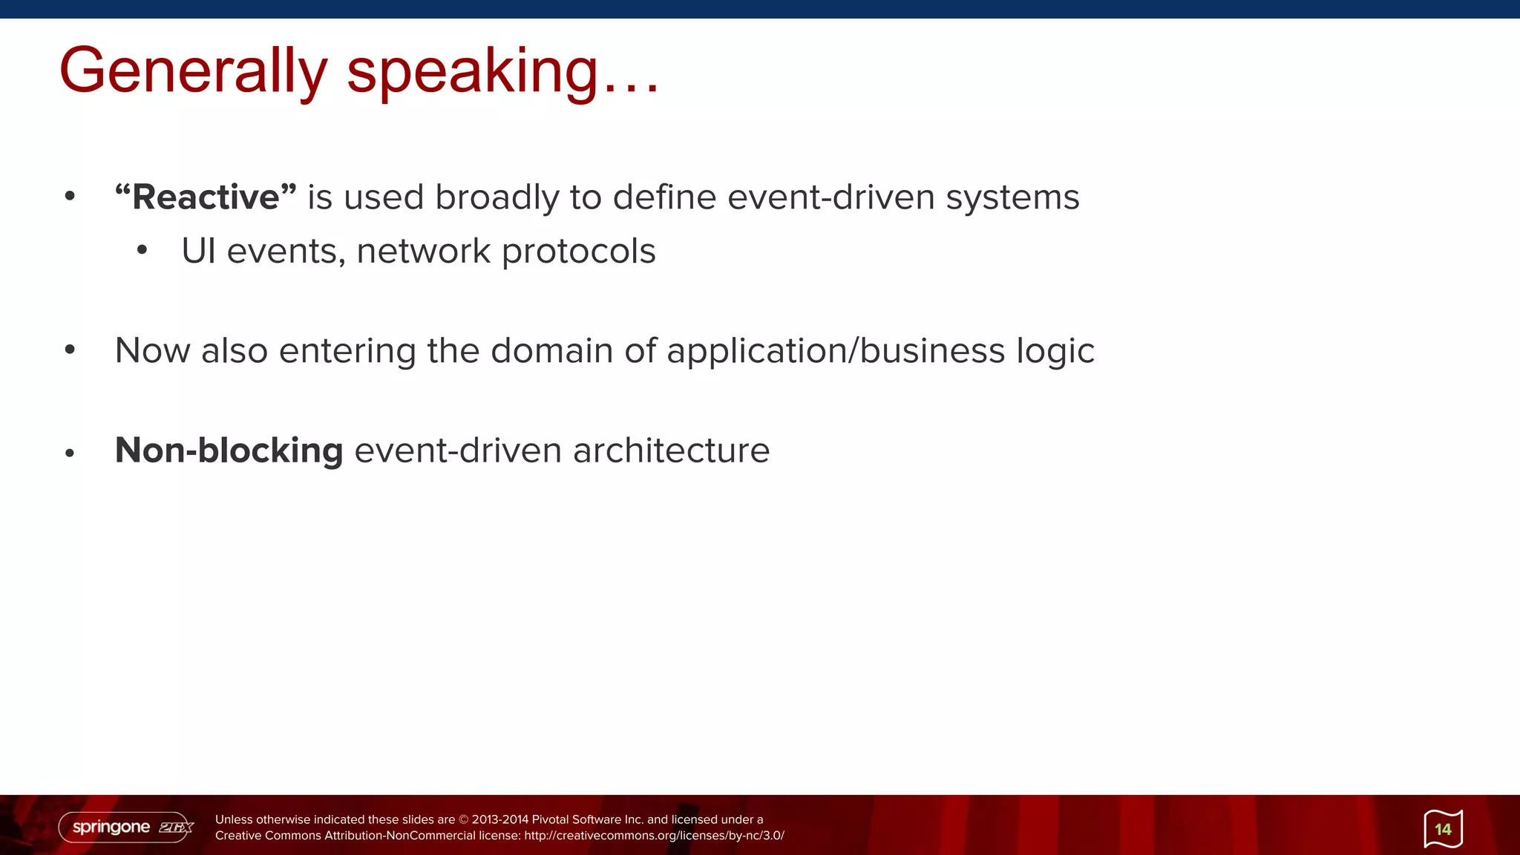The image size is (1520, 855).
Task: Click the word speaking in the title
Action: (472, 71)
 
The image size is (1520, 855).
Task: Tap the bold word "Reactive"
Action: (206, 197)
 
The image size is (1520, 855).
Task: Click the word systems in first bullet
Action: (1012, 197)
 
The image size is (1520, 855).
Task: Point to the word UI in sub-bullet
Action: (198, 251)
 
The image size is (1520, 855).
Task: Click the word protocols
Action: (578, 251)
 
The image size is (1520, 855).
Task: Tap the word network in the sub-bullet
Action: (423, 251)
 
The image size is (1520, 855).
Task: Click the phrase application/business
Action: (835, 350)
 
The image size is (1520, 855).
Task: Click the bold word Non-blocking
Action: (229, 451)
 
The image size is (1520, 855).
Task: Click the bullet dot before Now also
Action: (70, 350)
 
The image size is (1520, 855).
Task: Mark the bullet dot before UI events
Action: (142, 251)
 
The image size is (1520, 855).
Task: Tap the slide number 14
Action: (1443, 829)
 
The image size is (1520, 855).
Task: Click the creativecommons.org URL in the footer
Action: (654, 836)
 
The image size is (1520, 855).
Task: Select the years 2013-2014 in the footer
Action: (499, 819)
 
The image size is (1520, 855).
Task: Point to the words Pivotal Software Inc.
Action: (587, 819)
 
